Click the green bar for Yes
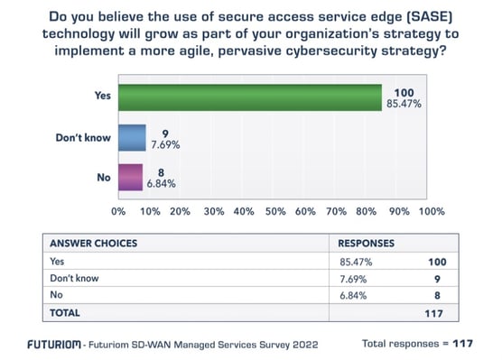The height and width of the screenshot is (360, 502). (249, 98)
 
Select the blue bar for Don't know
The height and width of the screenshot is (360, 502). (131, 139)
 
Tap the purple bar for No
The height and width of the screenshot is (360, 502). (130, 178)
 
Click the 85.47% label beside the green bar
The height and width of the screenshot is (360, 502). (412, 106)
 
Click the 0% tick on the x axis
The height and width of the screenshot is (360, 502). (118, 212)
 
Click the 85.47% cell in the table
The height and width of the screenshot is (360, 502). (354, 261)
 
